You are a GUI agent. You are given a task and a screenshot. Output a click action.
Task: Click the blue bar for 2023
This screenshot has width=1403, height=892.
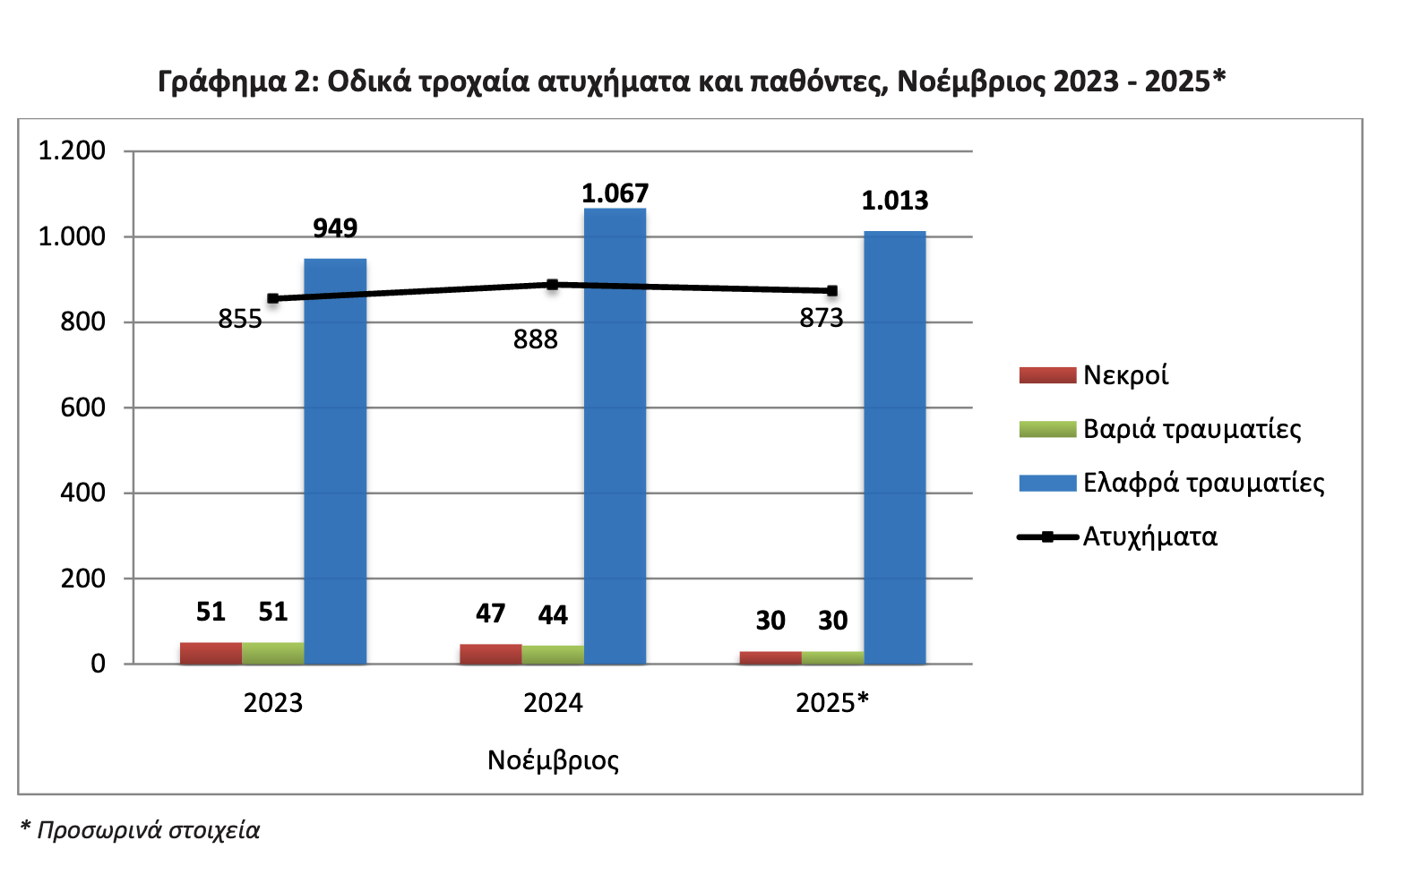click(x=335, y=461)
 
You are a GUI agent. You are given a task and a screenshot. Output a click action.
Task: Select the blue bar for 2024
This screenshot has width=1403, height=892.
click(x=615, y=436)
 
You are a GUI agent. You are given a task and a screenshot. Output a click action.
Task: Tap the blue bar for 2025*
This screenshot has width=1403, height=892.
click(x=894, y=448)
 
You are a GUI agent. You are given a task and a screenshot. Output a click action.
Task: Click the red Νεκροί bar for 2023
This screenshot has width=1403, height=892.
click(x=211, y=653)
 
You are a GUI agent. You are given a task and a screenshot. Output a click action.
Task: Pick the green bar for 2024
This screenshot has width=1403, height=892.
click(x=553, y=655)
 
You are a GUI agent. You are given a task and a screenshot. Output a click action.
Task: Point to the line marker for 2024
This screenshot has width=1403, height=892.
click(x=553, y=285)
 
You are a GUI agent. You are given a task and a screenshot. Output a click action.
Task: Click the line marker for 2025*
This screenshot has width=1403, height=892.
click(x=832, y=291)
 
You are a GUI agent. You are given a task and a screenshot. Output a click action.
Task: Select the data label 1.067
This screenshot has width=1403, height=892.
click(x=615, y=193)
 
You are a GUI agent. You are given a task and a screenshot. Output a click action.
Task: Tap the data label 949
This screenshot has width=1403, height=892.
click(x=335, y=228)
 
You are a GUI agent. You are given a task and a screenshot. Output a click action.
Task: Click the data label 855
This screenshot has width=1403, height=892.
click(x=240, y=320)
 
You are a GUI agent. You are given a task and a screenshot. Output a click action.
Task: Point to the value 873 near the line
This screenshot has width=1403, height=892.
click(x=822, y=319)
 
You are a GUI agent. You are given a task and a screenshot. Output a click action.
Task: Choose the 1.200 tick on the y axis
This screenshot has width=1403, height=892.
click(x=72, y=150)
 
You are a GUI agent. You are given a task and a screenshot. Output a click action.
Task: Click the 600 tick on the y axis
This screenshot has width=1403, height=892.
click(x=82, y=407)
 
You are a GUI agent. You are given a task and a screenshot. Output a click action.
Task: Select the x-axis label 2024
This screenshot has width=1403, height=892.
click(x=553, y=703)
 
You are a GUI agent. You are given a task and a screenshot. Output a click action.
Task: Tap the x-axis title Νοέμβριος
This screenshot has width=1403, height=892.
click(x=553, y=760)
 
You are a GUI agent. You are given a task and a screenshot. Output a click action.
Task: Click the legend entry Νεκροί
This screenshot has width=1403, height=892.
click(x=1125, y=375)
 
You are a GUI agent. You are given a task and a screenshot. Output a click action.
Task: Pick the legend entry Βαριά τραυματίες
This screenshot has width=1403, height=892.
click(x=1192, y=429)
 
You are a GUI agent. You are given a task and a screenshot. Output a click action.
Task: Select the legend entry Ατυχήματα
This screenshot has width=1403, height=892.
click(x=1149, y=537)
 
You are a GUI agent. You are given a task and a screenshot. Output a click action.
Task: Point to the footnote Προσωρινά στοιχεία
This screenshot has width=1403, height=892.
click(x=148, y=830)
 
